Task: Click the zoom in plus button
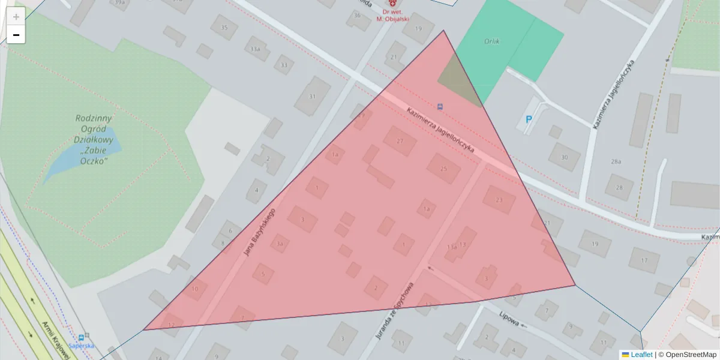16,17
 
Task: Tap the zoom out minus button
16,35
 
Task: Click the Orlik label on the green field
492,41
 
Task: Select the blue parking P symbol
529,119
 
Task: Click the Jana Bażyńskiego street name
259,232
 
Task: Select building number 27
399,142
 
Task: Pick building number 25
443,169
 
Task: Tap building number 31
312,96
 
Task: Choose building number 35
224,28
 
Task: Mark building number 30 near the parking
564,157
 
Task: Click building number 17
644,260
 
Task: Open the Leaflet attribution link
641,355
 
